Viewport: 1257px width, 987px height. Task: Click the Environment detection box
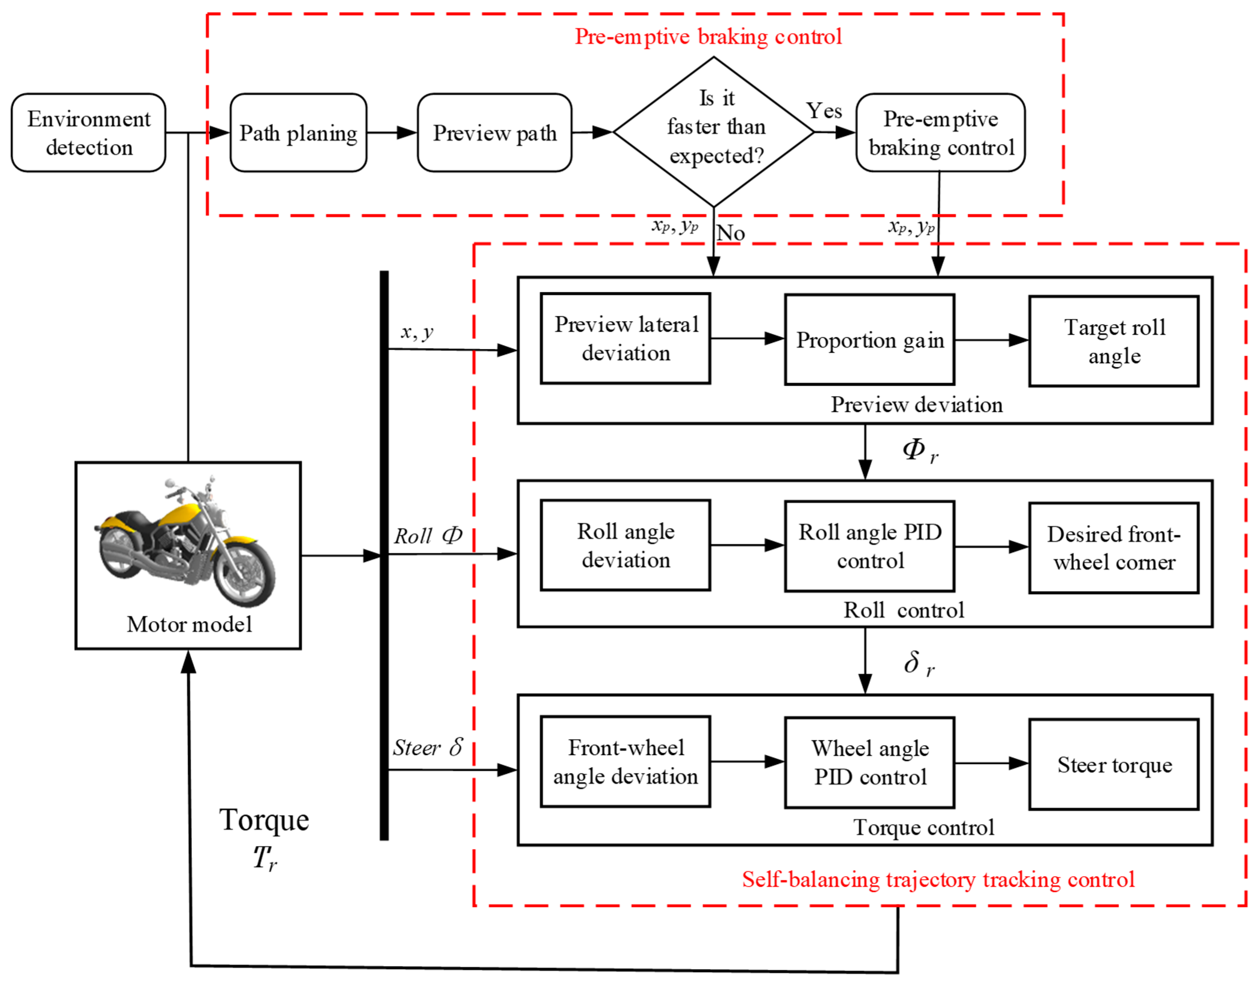[89, 132]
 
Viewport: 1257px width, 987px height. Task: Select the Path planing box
[298, 132]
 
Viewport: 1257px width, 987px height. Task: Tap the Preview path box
[495, 132]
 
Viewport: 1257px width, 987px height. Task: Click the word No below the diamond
[731, 233]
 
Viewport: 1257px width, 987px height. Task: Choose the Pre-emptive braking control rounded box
[940, 132]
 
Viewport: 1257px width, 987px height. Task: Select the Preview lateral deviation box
[625, 339]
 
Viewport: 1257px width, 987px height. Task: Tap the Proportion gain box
[869, 340]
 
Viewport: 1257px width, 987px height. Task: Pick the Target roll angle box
[1114, 342]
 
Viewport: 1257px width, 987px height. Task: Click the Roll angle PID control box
[869, 546]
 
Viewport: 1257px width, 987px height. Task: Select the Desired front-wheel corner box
[1114, 548]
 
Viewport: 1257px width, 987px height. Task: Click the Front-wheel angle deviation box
[625, 761]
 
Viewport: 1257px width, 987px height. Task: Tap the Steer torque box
[1114, 764]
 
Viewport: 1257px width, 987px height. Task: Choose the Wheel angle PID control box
[869, 763]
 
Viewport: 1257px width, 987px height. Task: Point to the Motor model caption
[189, 624]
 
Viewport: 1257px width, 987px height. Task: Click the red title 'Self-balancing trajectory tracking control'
[938, 880]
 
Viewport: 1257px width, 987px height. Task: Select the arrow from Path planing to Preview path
[392, 132]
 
